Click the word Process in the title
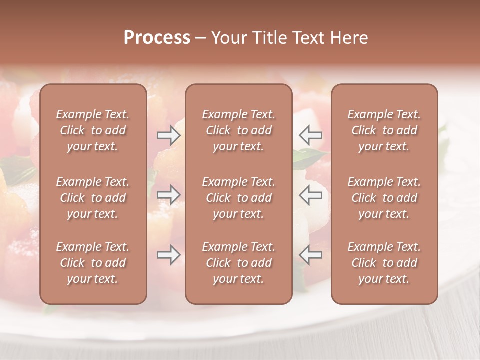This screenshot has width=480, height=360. pos(157,38)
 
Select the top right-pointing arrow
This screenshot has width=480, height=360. pos(168,135)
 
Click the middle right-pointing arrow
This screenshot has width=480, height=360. pos(168,195)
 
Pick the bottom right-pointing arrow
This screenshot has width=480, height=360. pos(168,255)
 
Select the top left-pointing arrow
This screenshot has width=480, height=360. pos(311,135)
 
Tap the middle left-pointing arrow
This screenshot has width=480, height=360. pos(311,195)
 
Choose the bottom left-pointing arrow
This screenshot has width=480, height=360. pos(311,255)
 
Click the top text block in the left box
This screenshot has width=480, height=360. pos(93,130)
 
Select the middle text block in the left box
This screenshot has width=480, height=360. pos(93,198)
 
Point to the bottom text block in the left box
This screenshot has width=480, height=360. pos(93,263)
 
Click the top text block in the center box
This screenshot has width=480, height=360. pos(238,130)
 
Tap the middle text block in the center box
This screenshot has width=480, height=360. pos(238,198)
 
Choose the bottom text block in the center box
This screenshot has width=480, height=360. pos(238,263)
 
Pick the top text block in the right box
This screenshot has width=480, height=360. pos(384,130)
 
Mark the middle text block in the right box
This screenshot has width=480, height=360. pos(384,198)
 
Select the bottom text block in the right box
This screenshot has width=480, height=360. pos(384,263)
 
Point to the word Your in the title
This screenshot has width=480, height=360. pos(228,38)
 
